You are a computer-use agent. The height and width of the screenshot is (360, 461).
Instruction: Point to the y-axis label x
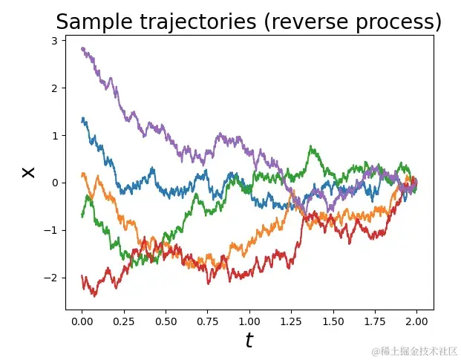click(x=28, y=171)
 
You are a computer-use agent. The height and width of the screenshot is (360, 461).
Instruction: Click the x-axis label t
click(x=249, y=341)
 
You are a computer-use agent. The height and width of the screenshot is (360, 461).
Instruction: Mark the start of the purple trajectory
click(x=82, y=48)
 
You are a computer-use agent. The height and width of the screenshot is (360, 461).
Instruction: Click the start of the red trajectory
click(x=82, y=275)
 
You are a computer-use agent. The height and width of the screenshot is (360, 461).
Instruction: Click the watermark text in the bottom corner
click(x=415, y=350)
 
